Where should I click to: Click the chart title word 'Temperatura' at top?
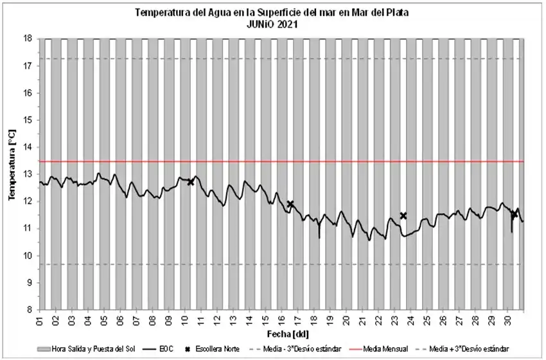161,12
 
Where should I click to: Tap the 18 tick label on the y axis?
28,39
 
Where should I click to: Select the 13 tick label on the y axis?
28,174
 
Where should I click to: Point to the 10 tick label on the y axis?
28,256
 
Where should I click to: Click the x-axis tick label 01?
40,319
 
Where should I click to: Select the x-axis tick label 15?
266,319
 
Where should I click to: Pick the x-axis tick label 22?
378,319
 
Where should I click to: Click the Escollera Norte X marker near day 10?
191,182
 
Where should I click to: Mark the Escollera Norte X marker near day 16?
290,204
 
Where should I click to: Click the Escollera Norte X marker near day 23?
403,215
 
